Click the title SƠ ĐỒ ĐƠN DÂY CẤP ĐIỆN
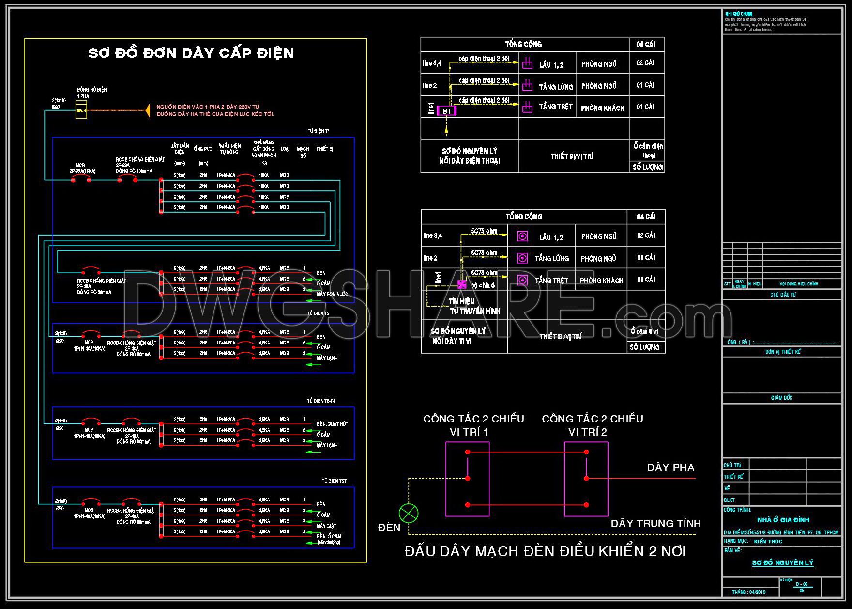click(x=191, y=53)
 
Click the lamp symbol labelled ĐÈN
click(x=409, y=513)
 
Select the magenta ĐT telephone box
click(x=446, y=111)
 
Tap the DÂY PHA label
click(x=670, y=468)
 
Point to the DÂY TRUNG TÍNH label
click(x=655, y=524)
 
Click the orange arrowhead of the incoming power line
click(x=146, y=110)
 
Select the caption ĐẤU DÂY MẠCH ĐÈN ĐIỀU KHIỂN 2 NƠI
click(x=545, y=551)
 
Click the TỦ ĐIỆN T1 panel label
click(x=319, y=131)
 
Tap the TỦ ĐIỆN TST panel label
click(x=334, y=481)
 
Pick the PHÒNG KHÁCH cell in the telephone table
click(x=603, y=108)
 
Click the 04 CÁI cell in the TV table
click(x=646, y=217)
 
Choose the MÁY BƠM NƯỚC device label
click(x=332, y=294)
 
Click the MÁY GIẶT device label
click(x=326, y=526)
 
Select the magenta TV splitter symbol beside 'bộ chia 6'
click(x=462, y=284)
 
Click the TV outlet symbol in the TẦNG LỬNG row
click(x=522, y=258)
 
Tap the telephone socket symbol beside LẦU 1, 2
click(x=527, y=63)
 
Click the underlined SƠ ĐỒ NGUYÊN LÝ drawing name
click(x=782, y=563)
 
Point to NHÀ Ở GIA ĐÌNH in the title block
click(x=783, y=520)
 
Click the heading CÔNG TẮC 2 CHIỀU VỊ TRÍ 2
click(x=592, y=425)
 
